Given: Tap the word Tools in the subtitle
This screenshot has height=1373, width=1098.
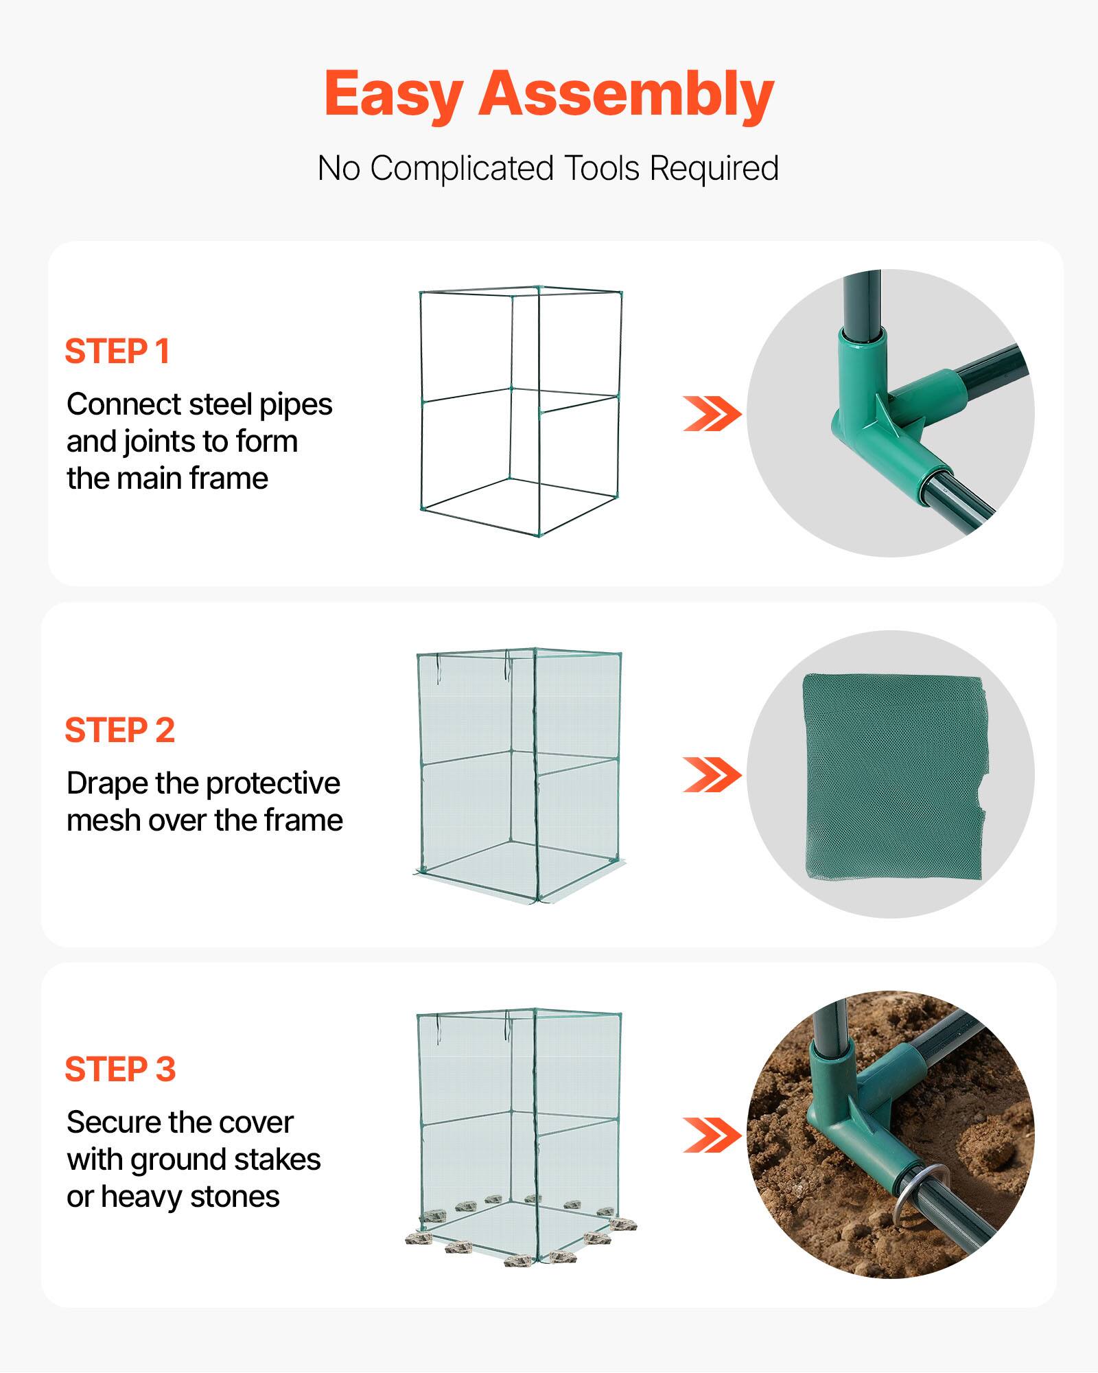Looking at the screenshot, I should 601,168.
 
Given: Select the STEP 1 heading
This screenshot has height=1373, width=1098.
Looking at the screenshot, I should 117,351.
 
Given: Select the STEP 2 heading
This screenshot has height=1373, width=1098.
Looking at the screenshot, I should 120,730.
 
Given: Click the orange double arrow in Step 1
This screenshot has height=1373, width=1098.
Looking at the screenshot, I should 712,414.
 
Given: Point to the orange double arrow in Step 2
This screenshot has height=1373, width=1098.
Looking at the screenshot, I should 712,775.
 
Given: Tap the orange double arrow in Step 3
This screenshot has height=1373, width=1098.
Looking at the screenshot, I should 712,1135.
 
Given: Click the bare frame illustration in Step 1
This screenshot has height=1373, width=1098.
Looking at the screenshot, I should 520,412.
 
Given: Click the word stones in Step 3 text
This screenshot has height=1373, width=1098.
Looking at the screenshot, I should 235,1197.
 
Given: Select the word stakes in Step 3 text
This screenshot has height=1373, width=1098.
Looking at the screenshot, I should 280,1159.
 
